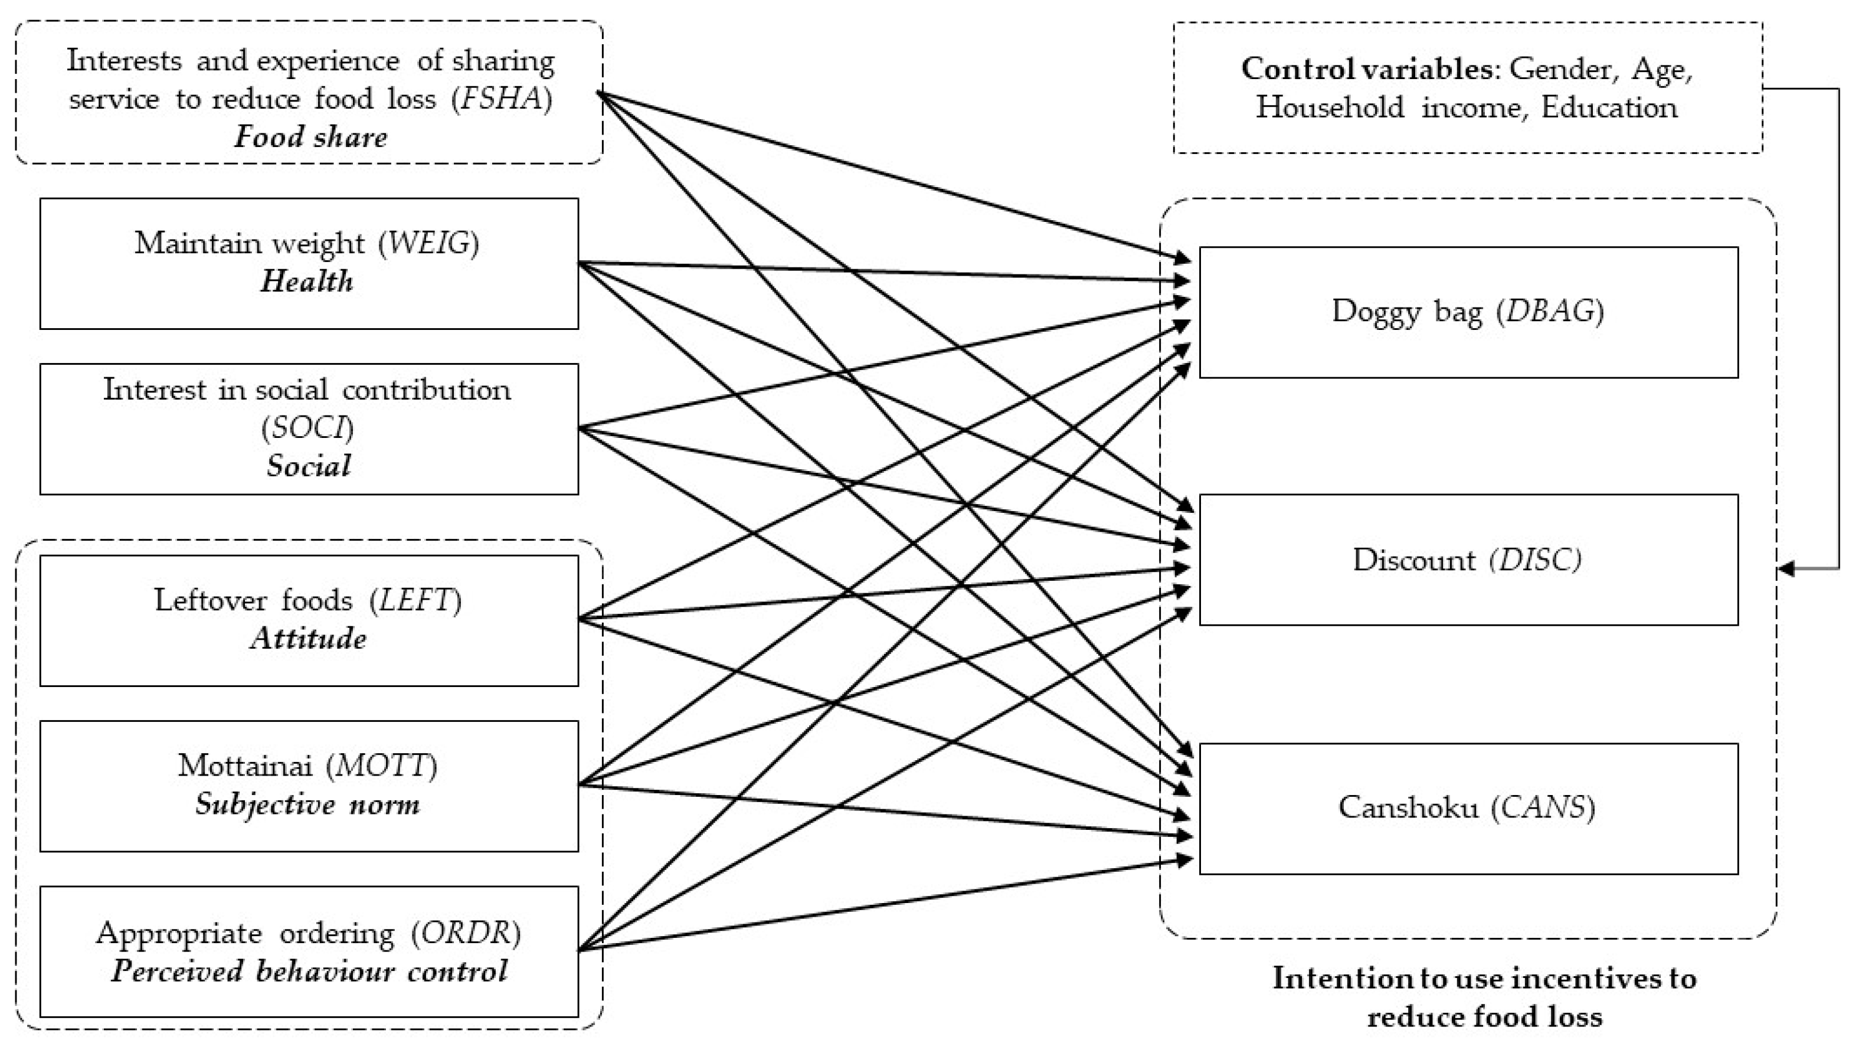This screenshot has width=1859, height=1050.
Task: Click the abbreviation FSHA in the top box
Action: pyautogui.click(x=502, y=99)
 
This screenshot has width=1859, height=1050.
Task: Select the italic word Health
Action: pyautogui.click(x=307, y=282)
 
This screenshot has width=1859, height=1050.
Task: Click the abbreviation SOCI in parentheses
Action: pyautogui.click(x=307, y=428)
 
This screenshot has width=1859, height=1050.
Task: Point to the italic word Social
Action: pyautogui.click(x=309, y=466)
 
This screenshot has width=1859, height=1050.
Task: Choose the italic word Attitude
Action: pyautogui.click(x=309, y=639)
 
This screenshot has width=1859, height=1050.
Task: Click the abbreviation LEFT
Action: pyautogui.click(x=417, y=600)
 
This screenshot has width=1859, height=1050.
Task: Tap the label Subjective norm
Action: pyautogui.click(x=307, y=804)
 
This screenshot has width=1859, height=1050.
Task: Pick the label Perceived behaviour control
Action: pyautogui.click(x=309, y=972)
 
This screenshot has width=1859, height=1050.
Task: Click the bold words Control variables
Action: pyautogui.click(x=1367, y=69)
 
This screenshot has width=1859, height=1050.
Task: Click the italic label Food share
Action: pyautogui.click(x=310, y=136)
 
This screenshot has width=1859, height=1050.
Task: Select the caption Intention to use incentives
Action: pyautogui.click(x=1484, y=979)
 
